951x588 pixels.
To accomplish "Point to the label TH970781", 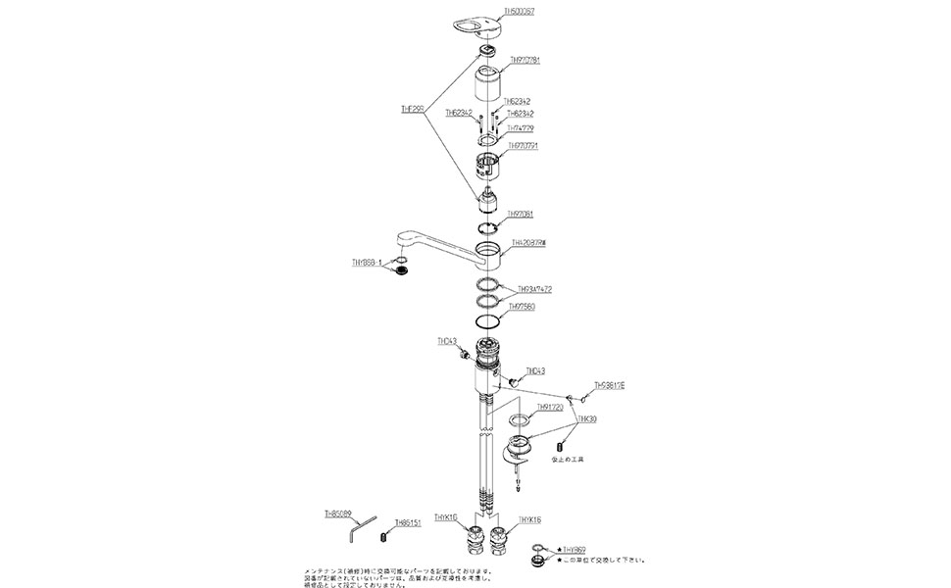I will pos(526,60).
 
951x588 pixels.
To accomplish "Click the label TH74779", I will pos(520,128).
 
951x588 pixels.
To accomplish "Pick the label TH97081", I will pos(520,214).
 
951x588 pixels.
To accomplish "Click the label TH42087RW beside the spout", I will pos(528,242).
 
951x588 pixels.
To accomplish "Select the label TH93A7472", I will pos(535,289).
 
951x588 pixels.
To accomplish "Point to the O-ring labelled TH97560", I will pos(486,321).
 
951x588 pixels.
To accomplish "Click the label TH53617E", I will pos(609,385).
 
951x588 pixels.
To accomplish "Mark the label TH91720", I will pos(550,409).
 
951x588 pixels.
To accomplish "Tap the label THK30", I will pos(587,418).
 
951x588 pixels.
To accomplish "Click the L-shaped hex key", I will pos(364,526).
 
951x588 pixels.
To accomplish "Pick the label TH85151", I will pos(408,523).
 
